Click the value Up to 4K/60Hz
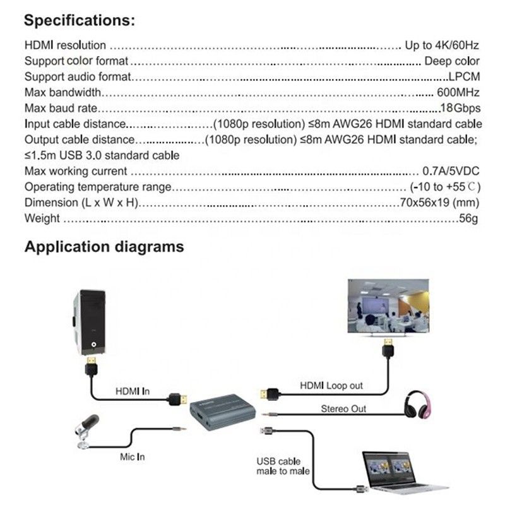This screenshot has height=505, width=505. click(442, 45)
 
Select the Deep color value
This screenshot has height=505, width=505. click(452, 61)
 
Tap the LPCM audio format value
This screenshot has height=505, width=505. click(464, 77)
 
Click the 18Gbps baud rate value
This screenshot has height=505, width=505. click(460, 109)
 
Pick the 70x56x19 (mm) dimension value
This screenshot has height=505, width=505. click(439, 203)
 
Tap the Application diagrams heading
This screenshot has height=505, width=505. click(104, 246)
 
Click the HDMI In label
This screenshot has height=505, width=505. click(133, 391)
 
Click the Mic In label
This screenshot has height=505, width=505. click(132, 456)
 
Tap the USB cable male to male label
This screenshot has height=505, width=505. click(278, 466)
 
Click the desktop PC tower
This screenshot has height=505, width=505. click(94, 323)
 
